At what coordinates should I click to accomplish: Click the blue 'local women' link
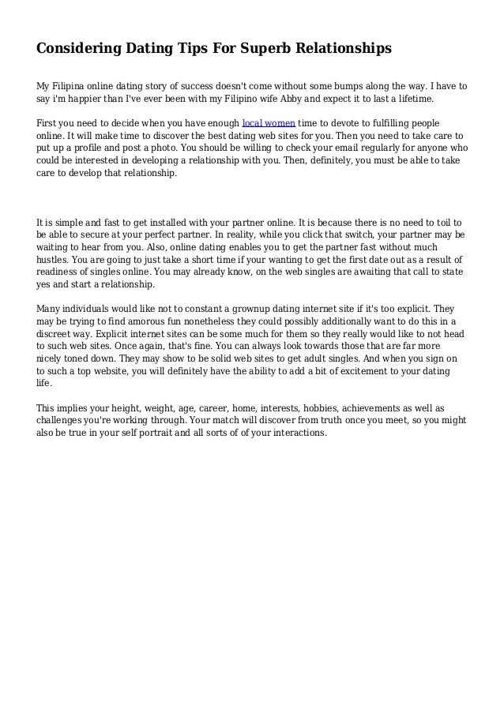[268, 124]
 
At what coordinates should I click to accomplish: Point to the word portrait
[186, 433]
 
